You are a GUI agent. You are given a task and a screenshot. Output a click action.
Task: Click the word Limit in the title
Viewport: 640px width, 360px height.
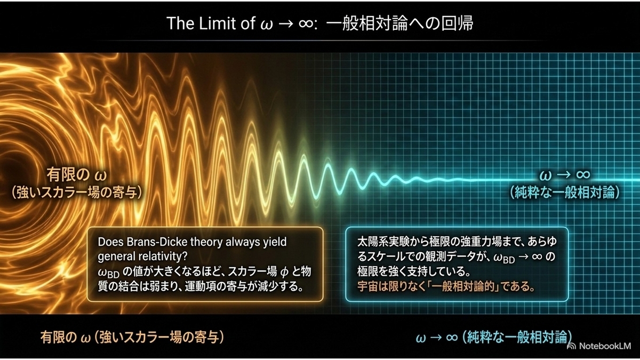(218, 23)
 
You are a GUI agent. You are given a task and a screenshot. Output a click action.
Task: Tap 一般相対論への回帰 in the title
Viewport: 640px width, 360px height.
(399, 23)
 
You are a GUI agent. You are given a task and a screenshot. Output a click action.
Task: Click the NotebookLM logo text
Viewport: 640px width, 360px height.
(605, 346)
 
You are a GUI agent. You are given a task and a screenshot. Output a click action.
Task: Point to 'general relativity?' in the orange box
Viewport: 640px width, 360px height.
(142, 257)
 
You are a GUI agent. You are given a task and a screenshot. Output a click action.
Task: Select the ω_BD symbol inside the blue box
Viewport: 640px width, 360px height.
(504, 258)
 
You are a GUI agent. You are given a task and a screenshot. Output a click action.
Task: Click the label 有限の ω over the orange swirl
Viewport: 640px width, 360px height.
(77, 174)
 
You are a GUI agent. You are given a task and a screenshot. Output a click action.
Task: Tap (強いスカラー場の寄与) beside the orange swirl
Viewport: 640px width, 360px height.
(77, 193)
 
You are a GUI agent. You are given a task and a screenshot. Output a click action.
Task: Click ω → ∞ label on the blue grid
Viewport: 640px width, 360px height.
(565, 175)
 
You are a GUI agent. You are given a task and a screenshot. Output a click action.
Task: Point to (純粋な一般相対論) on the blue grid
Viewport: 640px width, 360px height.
(565, 193)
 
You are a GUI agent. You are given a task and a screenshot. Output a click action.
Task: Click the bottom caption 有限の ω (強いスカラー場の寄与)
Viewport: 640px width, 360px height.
(132, 338)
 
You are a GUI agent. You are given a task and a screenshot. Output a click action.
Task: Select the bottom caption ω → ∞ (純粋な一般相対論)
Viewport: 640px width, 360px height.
(494, 338)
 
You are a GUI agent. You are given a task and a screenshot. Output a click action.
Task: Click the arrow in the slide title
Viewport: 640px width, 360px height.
(286, 24)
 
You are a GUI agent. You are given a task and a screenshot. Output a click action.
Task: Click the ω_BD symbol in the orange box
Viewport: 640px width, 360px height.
(109, 273)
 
